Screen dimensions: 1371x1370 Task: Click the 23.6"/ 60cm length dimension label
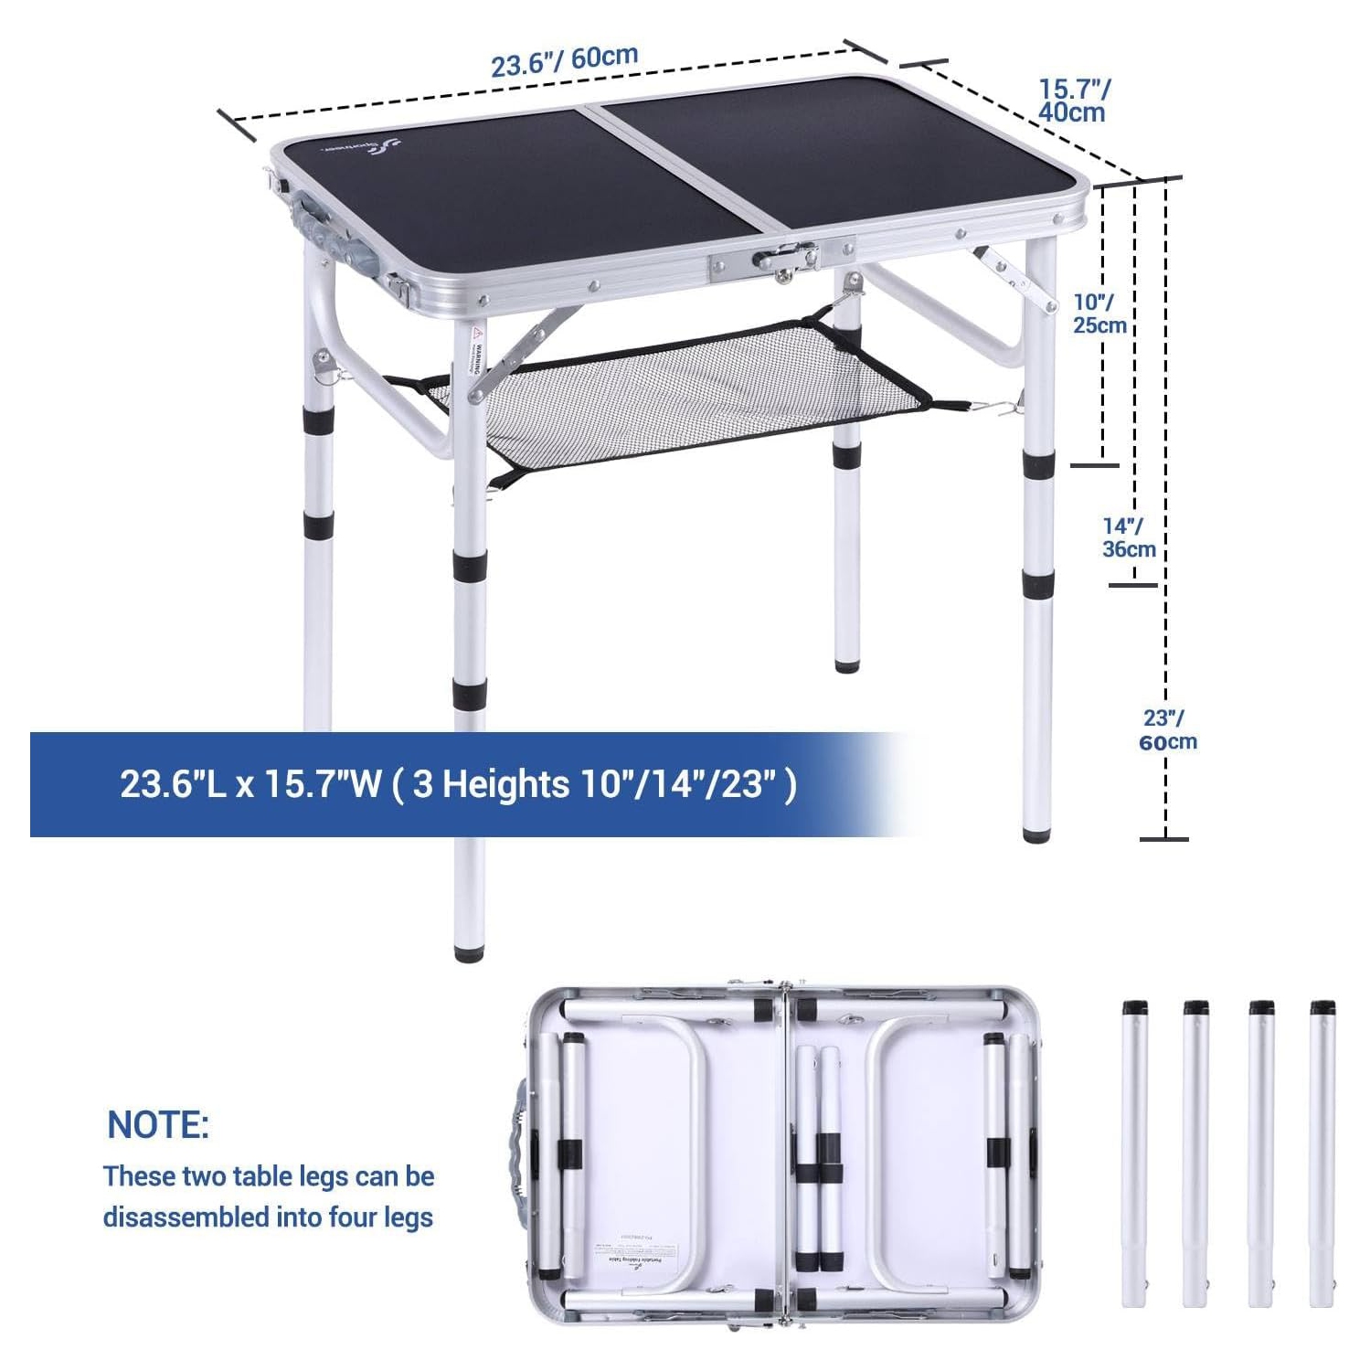pyautogui.click(x=564, y=60)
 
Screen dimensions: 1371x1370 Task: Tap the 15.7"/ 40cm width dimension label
pyautogui.click(x=1074, y=101)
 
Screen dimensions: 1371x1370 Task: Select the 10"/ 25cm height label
pyautogui.click(x=1099, y=314)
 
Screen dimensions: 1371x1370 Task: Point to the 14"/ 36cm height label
pyautogui.click(x=1128, y=537)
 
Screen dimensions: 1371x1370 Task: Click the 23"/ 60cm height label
pyautogui.click(x=1167, y=730)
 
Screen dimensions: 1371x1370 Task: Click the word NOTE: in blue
pyautogui.click(x=158, y=1125)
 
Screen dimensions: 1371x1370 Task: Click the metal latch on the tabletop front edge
pyautogui.click(x=783, y=260)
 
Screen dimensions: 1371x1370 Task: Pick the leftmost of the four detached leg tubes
pyautogui.click(x=1135, y=1153)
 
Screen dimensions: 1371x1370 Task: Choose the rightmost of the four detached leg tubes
pyautogui.click(x=1322, y=1153)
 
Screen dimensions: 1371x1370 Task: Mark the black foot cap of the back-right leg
pyautogui.click(x=846, y=665)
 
